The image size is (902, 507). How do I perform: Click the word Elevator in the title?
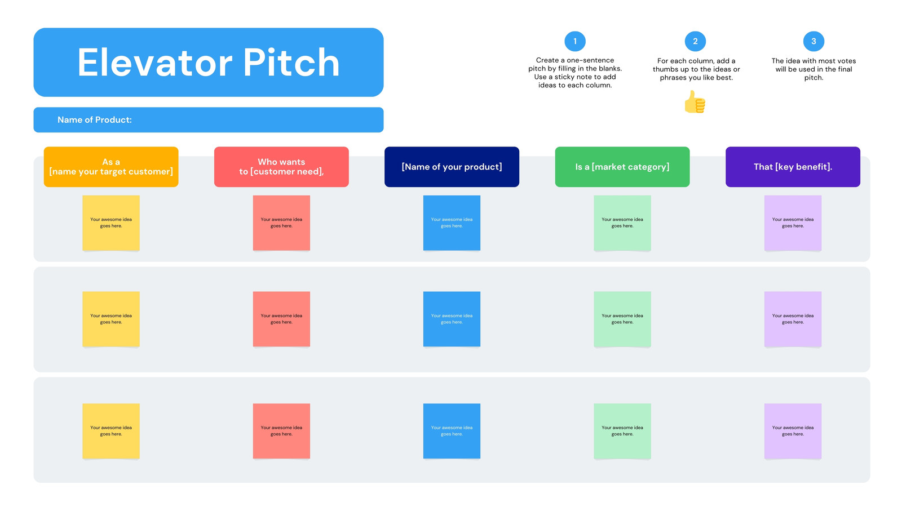click(155, 63)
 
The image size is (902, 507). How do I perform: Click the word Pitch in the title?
click(291, 63)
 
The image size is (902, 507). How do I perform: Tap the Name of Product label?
click(95, 120)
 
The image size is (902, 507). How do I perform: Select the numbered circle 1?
click(575, 41)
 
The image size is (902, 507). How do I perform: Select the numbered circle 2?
click(695, 41)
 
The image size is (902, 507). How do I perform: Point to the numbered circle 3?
click(813, 41)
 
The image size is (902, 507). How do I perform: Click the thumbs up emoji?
click(695, 102)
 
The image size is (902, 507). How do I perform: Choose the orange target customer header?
click(111, 167)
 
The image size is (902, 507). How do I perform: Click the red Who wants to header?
click(281, 167)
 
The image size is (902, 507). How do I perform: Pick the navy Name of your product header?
click(452, 167)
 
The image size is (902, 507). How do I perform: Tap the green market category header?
click(622, 167)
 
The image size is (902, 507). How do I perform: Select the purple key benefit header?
click(793, 167)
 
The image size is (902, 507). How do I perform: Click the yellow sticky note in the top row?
click(111, 223)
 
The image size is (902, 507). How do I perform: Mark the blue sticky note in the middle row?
click(452, 319)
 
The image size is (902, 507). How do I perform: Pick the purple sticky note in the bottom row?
click(793, 431)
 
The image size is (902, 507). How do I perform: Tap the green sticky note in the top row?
click(622, 223)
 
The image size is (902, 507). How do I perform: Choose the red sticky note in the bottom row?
click(281, 431)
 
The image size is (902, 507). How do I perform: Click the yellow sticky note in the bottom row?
click(111, 431)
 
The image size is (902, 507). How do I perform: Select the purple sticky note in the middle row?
click(793, 319)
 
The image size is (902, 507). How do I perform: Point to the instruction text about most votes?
click(813, 69)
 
